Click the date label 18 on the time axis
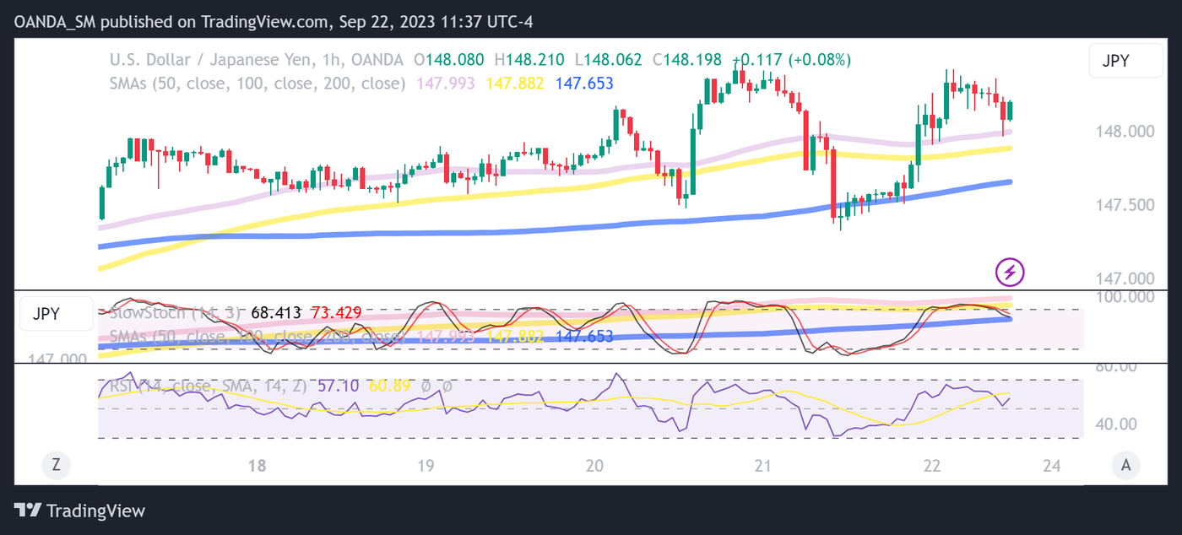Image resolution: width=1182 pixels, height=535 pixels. [x=258, y=466]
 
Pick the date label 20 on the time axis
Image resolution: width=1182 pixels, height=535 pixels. [x=594, y=466]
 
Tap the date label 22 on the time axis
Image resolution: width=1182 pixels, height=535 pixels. [x=932, y=466]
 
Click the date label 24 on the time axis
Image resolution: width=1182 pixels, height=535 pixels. [x=1051, y=466]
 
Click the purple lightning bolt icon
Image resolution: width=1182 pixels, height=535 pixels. [x=1011, y=272]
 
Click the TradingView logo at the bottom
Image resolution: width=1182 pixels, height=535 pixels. [x=80, y=511]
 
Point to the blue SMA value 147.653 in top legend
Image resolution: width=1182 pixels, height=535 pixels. [x=584, y=84]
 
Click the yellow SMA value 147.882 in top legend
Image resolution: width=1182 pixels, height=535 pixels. [x=514, y=84]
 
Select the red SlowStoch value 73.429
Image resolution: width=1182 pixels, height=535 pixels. [x=336, y=313]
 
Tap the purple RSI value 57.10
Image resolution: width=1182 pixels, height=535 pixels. [x=338, y=386]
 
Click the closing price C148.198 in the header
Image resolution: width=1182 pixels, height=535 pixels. [x=687, y=60]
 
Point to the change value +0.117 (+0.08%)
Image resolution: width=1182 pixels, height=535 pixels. [x=791, y=60]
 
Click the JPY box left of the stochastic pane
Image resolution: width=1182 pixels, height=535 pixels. [x=56, y=314]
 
